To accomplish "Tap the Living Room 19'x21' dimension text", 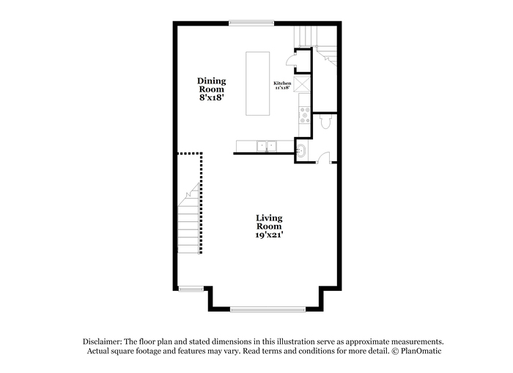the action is coord(269,235).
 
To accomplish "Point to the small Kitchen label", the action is coord(282,84).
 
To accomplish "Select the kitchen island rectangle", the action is coord(258,84).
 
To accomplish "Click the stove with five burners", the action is coord(305,115).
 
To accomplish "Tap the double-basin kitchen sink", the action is coord(267,146).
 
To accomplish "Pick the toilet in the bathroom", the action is coord(325,121).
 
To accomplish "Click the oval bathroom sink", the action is coord(301,151).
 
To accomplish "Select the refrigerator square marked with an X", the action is coord(302,84).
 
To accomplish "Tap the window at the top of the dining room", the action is coord(251,23).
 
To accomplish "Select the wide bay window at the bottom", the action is coord(267,309).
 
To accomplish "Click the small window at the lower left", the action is coord(191,289).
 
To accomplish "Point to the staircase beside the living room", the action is coord(189,218).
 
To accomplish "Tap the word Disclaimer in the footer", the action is coord(103,341).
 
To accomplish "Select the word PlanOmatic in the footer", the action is coord(421,351).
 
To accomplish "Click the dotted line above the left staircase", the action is coord(190,153).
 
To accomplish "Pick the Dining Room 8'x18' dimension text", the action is coord(211,97).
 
